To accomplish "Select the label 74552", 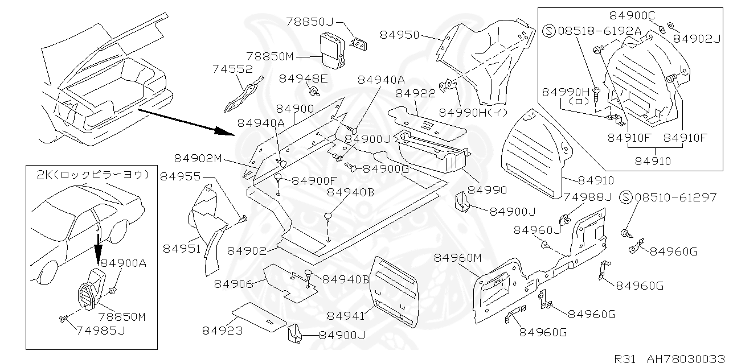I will click(x=232, y=69).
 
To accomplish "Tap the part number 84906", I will click(x=234, y=283).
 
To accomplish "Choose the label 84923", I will click(x=222, y=331).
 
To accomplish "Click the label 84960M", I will click(x=458, y=258).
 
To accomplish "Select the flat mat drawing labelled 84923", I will click(x=260, y=316).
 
